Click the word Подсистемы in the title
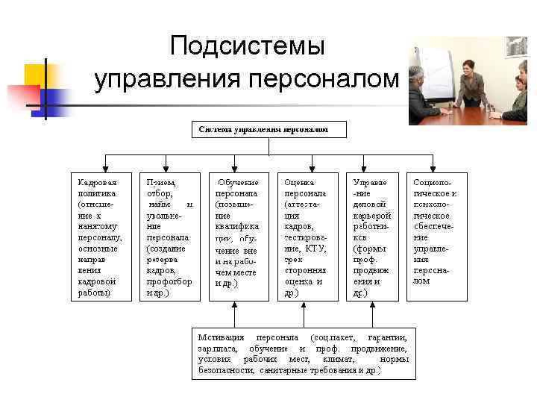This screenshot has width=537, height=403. click(x=247, y=47)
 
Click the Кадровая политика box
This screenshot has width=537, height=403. click(x=98, y=237)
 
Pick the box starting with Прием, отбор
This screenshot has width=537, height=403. click(x=169, y=237)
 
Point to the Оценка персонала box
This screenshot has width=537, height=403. click(x=305, y=237)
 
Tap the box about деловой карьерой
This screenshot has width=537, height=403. click(x=371, y=237)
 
